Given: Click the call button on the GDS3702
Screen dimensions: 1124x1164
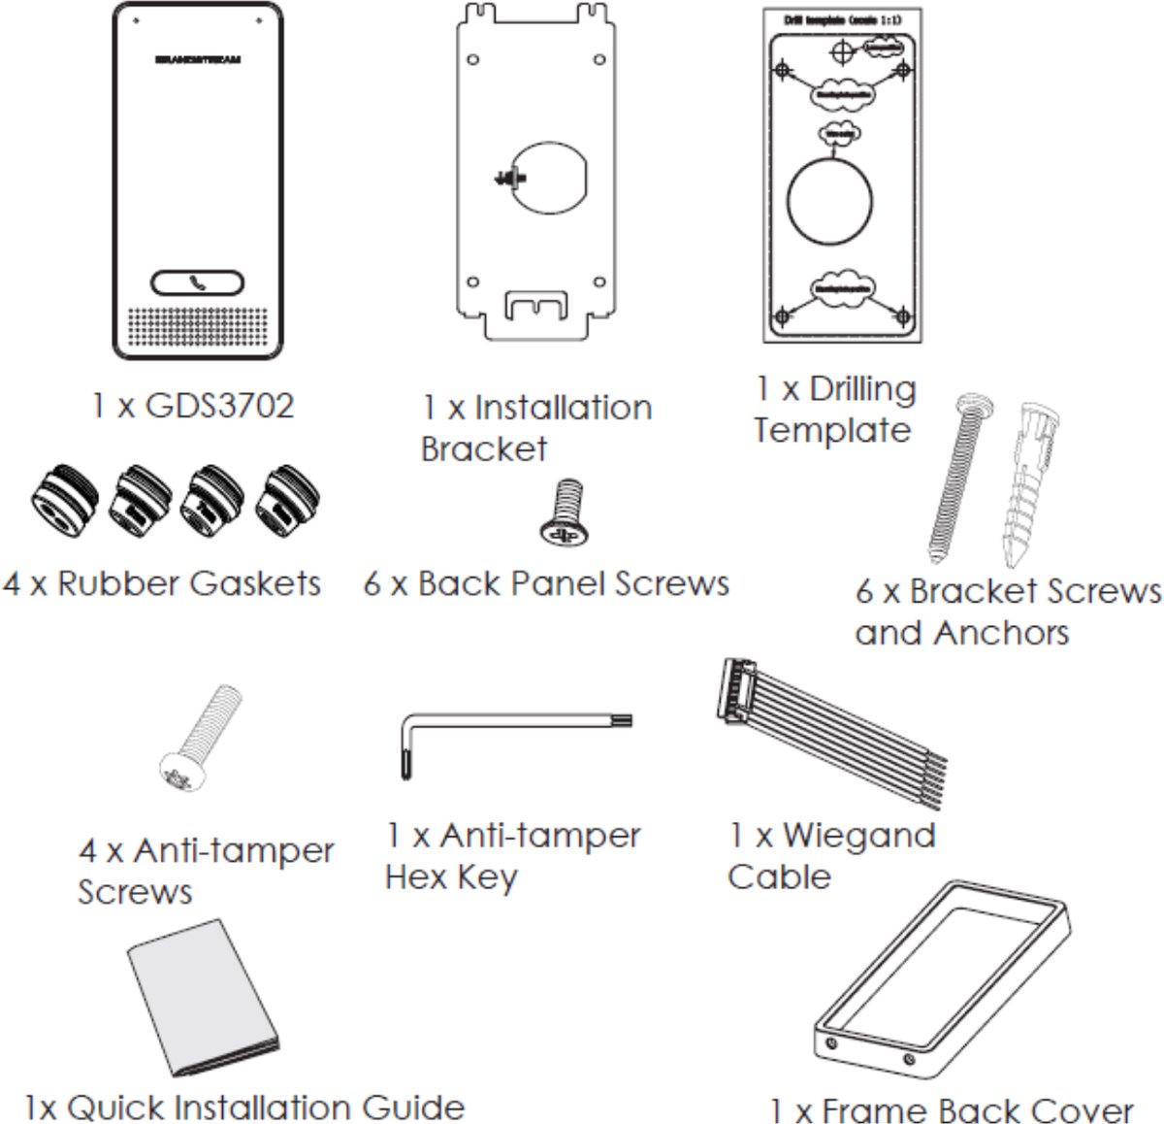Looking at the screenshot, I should tap(197, 283).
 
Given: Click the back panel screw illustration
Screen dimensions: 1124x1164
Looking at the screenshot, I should tap(565, 513).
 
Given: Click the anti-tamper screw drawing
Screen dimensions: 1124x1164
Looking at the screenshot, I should tap(198, 737).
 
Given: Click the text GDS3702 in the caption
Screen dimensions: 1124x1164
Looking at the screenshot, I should tap(218, 405).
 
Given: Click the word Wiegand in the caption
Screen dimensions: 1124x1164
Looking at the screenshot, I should tap(858, 835).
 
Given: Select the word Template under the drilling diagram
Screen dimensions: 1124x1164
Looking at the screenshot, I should tap(832, 429).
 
